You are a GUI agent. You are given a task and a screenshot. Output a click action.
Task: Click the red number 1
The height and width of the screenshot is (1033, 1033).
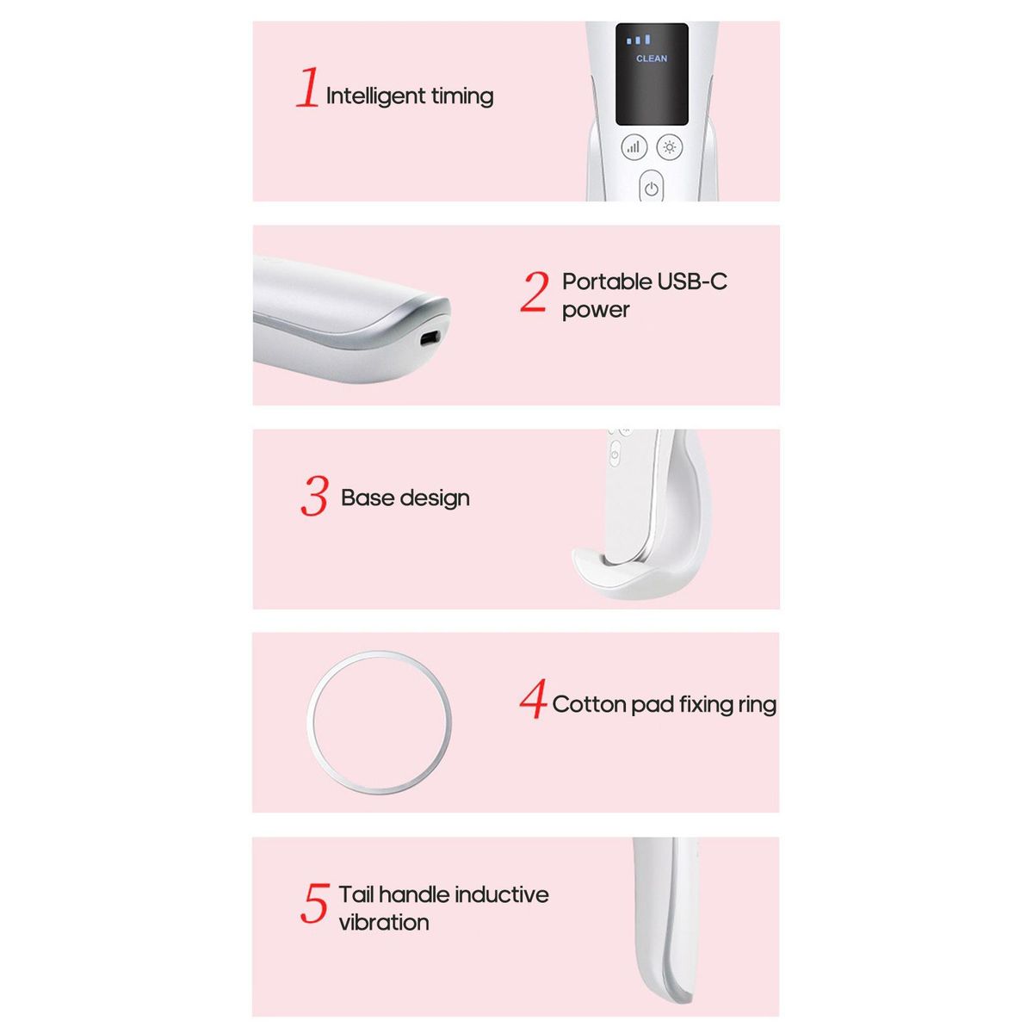308,87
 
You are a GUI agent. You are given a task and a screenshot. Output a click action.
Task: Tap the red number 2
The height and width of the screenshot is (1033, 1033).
535,291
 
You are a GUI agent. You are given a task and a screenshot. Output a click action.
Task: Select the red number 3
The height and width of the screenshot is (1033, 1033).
314,496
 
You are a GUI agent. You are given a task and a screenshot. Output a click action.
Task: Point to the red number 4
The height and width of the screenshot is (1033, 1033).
533,698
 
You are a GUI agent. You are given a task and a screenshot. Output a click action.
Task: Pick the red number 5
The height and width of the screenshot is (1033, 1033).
314,903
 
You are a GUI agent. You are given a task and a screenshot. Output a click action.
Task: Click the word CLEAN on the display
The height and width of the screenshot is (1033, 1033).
652,59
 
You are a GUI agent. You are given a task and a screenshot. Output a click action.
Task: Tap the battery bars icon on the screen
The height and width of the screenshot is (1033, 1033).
638,40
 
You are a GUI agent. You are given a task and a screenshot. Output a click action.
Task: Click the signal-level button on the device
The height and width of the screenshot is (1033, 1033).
634,147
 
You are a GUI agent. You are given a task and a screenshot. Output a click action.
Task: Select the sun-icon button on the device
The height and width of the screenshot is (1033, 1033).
670,147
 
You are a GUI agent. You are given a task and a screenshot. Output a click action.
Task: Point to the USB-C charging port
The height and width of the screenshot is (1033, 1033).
430,338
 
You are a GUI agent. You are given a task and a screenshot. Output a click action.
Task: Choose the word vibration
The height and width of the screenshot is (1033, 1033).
384,922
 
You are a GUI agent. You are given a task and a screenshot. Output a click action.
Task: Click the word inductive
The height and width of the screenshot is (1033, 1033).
501,894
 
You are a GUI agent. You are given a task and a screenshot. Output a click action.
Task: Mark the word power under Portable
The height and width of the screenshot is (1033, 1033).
596,311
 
